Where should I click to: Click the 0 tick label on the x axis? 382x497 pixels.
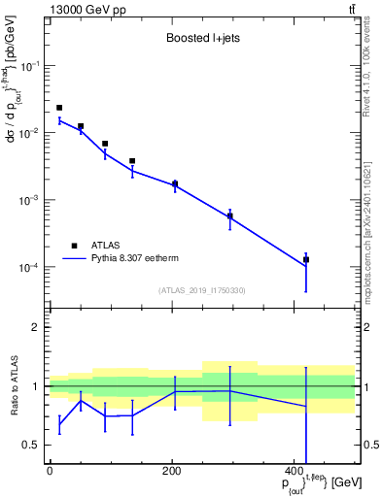50,471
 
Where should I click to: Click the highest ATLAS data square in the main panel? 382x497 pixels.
59,108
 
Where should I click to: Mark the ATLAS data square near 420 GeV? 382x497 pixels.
306,259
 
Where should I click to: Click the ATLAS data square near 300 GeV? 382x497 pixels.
230,216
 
